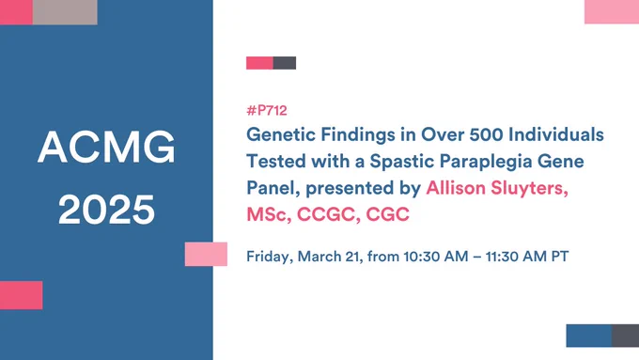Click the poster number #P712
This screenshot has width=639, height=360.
coord(267,111)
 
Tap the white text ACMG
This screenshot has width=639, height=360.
coord(106,148)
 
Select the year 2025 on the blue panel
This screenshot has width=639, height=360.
coord(106,210)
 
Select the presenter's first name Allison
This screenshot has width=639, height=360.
coord(456,188)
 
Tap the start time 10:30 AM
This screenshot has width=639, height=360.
coord(436,257)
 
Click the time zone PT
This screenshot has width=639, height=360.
coord(560,257)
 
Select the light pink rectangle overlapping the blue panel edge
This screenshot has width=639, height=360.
coord(206,254)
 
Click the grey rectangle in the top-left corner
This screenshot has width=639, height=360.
coord(65,12)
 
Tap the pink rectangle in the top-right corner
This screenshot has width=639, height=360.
coord(612,11)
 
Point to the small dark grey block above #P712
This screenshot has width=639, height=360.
coord(285,63)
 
